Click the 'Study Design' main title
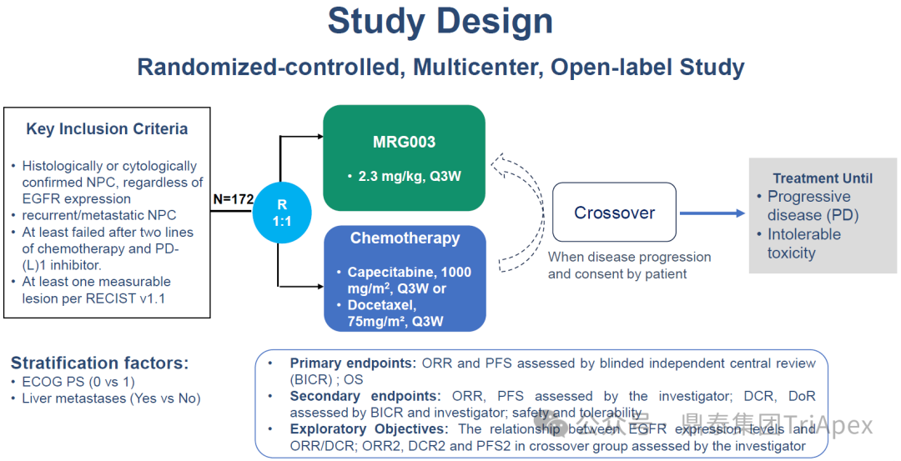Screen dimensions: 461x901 pos(440,22)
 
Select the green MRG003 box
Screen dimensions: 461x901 pos(404,158)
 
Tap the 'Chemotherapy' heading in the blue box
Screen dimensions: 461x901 pos(405,238)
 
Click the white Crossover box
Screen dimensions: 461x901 pos(614,213)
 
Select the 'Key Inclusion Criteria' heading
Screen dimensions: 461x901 pos(107,129)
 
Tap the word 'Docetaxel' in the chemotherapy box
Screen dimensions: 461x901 pos(377,305)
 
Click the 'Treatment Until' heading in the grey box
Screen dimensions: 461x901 pos(823,178)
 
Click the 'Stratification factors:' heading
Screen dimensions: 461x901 pos(100,363)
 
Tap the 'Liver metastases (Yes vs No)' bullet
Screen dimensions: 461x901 pos(111,398)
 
